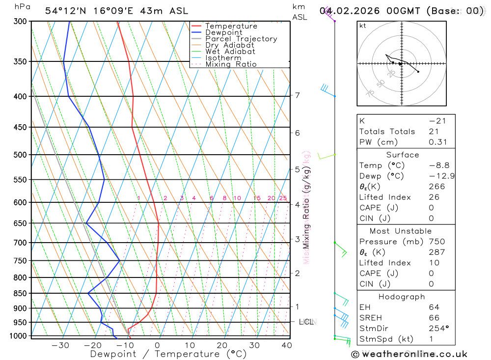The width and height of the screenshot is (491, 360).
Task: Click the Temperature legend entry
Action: click(231, 26)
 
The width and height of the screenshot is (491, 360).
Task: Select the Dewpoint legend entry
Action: click(223, 32)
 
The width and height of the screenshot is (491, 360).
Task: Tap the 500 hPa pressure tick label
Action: click(20, 155)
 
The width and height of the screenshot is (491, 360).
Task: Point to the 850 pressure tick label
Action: click(20, 293)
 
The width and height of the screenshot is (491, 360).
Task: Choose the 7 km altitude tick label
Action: click(298, 95)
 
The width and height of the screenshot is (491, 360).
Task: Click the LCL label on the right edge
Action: click(306, 322)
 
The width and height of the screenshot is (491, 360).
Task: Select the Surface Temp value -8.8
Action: click(439, 166)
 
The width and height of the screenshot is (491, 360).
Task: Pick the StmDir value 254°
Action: click(438, 329)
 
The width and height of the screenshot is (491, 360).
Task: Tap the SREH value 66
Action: click(434, 318)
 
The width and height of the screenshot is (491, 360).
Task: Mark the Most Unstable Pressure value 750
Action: click(436, 242)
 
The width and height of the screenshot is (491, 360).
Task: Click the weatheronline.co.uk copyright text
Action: click(409, 354)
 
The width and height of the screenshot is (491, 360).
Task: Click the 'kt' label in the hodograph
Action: click(363, 26)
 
